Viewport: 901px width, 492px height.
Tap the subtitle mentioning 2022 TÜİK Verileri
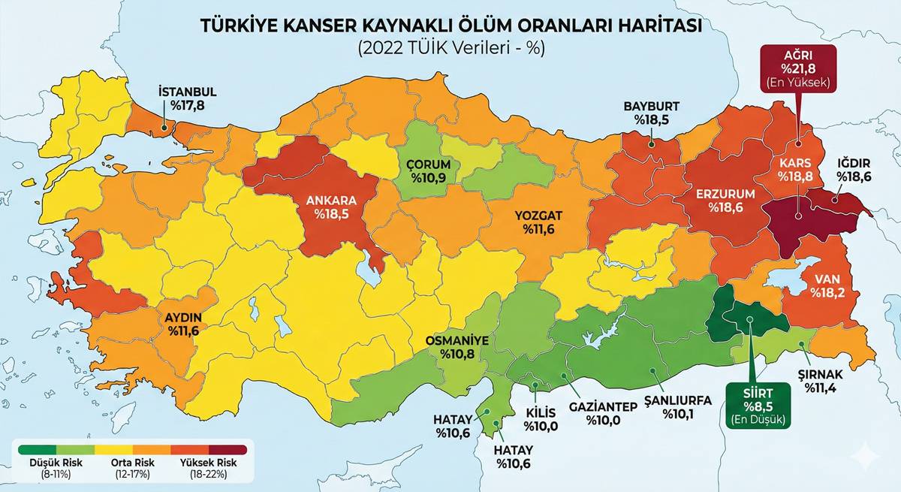coord(450,48)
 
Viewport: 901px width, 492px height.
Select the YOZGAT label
coord(538,216)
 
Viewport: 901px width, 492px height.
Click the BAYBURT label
coord(652,106)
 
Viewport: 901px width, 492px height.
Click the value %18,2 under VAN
coord(829,291)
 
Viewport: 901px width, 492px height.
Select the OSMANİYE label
coord(457,340)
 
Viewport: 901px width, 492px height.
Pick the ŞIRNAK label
coord(824,374)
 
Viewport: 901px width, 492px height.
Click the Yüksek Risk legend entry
coord(210,462)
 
